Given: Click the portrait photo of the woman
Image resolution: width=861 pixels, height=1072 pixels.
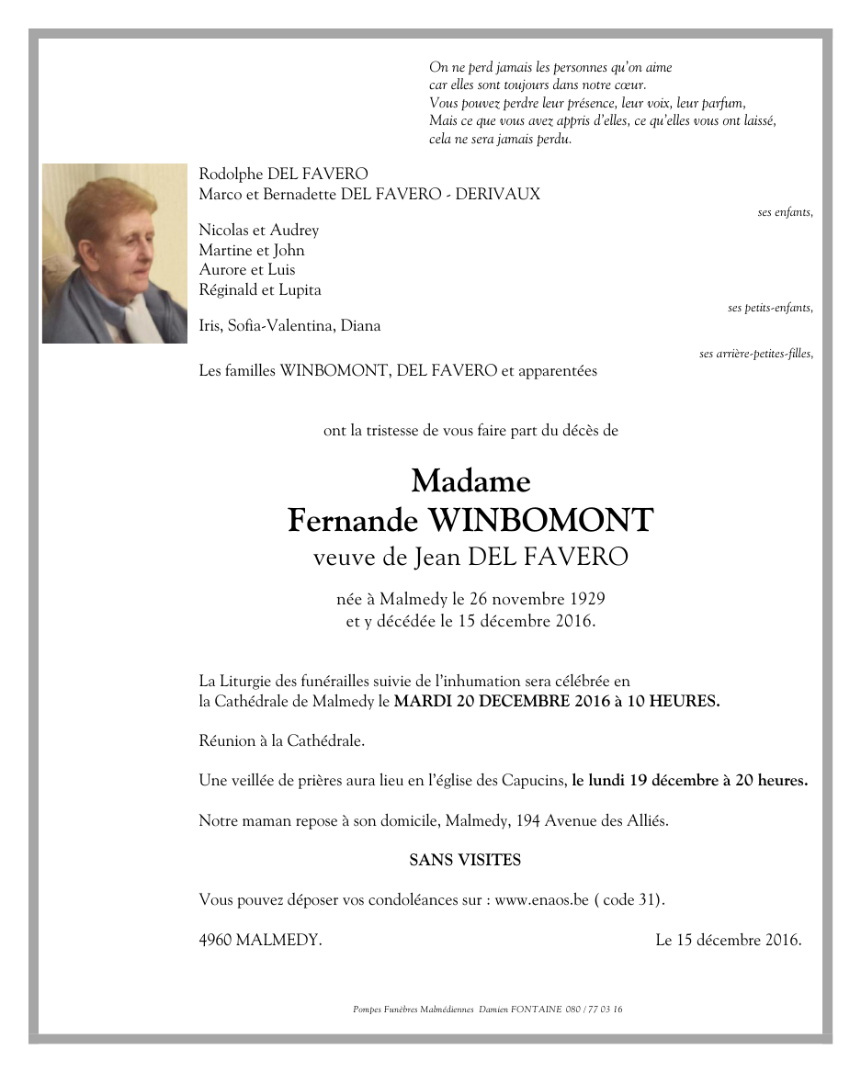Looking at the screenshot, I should (x=114, y=254).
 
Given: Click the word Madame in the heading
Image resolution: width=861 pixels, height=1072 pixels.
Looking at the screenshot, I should (x=470, y=480).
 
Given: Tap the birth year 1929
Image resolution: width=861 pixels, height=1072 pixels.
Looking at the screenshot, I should (x=584, y=600).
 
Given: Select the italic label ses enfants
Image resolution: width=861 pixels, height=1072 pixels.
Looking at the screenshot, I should (x=785, y=212).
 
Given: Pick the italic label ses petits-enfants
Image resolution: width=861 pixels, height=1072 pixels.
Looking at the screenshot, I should (x=770, y=308).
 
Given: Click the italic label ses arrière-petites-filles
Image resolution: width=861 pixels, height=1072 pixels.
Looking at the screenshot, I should (x=755, y=354).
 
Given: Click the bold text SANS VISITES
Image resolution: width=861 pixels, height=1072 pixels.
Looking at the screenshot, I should (x=465, y=861).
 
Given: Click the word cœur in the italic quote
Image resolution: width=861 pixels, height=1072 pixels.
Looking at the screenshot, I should (x=631, y=85).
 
